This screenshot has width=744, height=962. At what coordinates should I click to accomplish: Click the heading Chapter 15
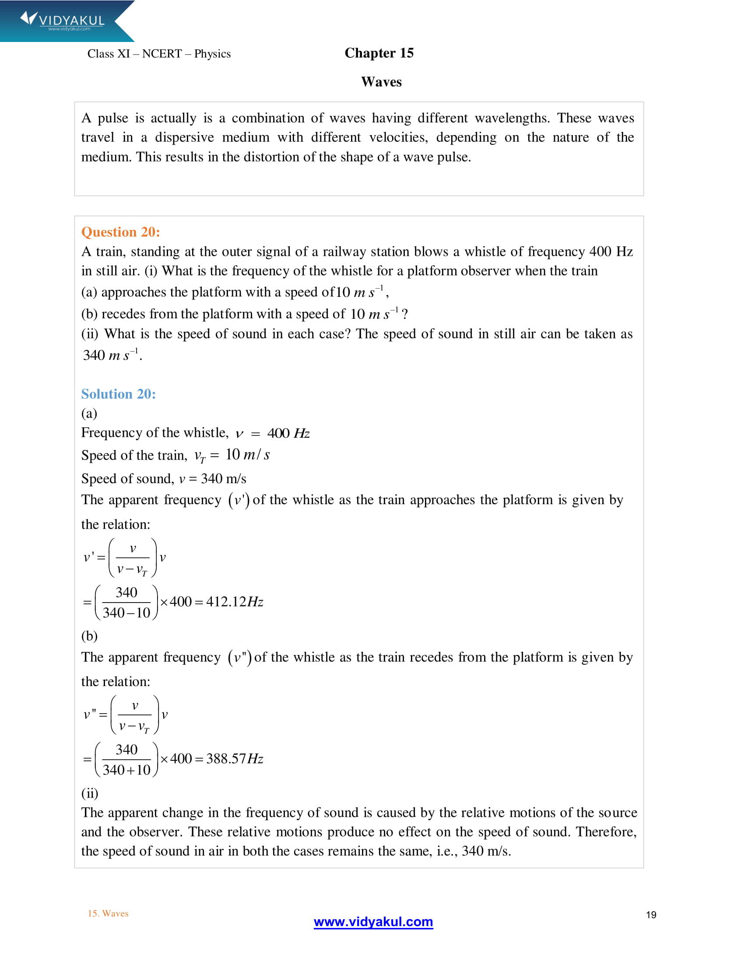pyautogui.click(x=379, y=53)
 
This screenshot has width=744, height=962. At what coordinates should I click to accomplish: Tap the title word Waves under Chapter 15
pyautogui.click(x=381, y=82)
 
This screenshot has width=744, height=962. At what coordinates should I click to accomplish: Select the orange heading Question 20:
pyautogui.click(x=120, y=232)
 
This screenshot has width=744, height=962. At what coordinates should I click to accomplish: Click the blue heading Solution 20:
pyautogui.click(x=118, y=394)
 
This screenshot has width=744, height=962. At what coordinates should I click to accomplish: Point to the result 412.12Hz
pyautogui.click(x=235, y=602)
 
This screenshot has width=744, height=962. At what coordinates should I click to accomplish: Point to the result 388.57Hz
pyautogui.click(x=235, y=759)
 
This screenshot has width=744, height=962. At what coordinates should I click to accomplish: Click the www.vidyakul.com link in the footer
pyautogui.click(x=373, y=921)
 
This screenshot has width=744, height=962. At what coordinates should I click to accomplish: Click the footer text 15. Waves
pyautogui.click(x=108, y=913)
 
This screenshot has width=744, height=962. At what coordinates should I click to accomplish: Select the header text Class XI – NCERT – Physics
pyautogui.click(x=159, y=54)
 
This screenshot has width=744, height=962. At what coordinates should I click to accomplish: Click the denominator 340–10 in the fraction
pyautogui.click(x=126, y=613)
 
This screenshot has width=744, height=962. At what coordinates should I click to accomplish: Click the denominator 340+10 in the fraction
pyautogui.click(x=126, y=770)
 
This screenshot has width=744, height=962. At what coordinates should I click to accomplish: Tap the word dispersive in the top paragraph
pyautogui.click(x=184, y=137)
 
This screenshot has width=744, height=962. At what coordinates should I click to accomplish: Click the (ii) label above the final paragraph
pyautogui.click(x=89, y=793)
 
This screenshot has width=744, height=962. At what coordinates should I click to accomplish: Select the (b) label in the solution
pyautogui.click(x=89, y=636)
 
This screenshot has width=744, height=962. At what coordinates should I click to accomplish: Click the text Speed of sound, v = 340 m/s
pyautogui.click(x=164, y=478)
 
